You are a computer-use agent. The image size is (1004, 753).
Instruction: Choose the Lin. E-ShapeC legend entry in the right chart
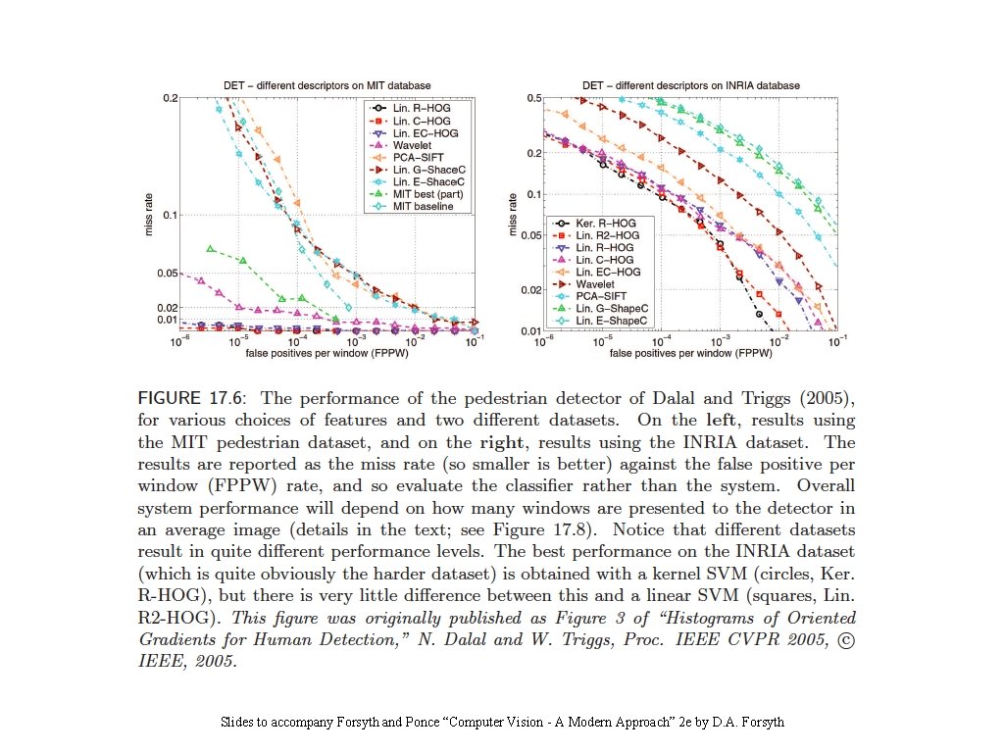612,320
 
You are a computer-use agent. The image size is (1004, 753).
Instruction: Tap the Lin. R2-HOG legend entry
608,235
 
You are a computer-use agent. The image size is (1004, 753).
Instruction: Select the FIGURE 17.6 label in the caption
191,398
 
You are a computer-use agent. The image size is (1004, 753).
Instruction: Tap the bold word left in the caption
724,421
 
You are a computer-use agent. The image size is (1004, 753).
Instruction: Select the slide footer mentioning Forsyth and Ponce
502,723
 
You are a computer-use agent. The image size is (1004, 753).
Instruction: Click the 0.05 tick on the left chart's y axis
168,273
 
